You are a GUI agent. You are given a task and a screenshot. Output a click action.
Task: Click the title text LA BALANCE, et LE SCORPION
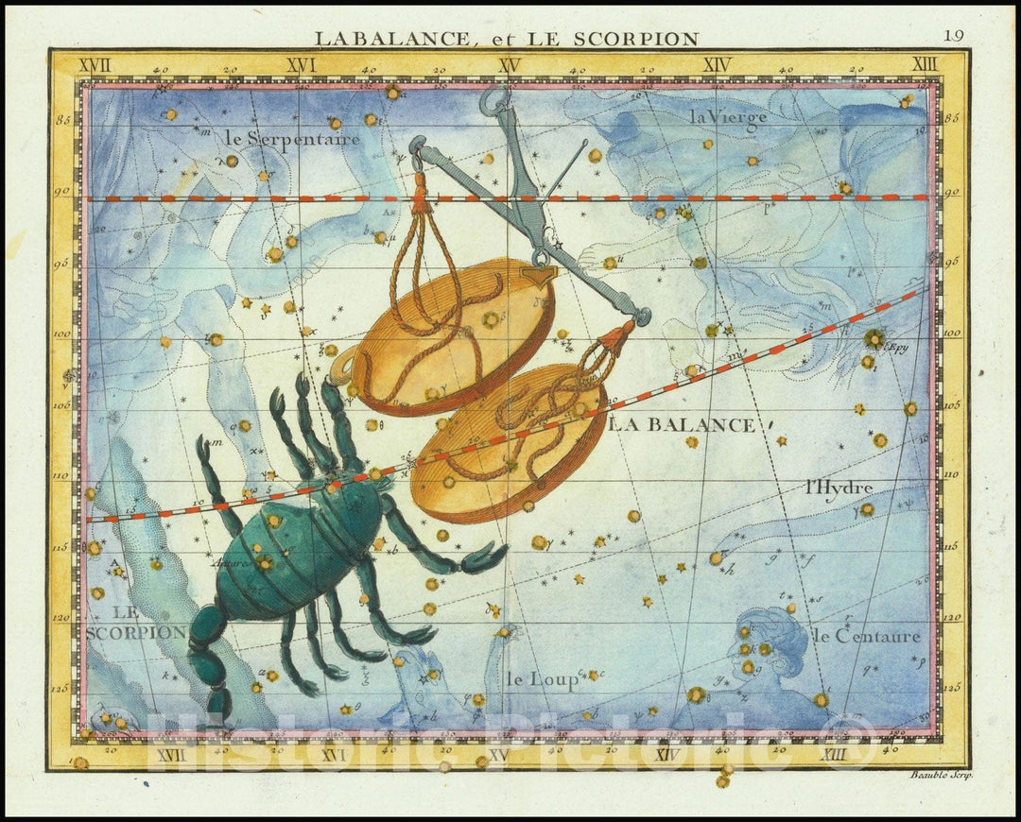point(507,39)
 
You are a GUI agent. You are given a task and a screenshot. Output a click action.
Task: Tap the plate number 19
point(953,36)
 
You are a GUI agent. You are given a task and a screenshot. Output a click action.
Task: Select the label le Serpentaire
point(293,139)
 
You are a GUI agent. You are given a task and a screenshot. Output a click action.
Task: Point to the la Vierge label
point(727,117)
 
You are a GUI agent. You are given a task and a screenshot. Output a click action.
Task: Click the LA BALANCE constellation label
point(682,425)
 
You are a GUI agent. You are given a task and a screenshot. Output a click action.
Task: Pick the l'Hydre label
point(838,488)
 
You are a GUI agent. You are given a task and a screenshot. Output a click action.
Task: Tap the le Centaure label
point(865,636)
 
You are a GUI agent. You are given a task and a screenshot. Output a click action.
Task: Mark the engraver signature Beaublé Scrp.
point(942,774)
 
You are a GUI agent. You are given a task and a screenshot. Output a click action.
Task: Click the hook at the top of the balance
point(493,98)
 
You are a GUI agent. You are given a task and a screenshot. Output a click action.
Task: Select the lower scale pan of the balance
point(510,444)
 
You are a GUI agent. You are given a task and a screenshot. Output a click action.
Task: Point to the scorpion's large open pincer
point(483,558)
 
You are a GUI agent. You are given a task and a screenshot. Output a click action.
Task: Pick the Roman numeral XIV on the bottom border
point(666,754)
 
